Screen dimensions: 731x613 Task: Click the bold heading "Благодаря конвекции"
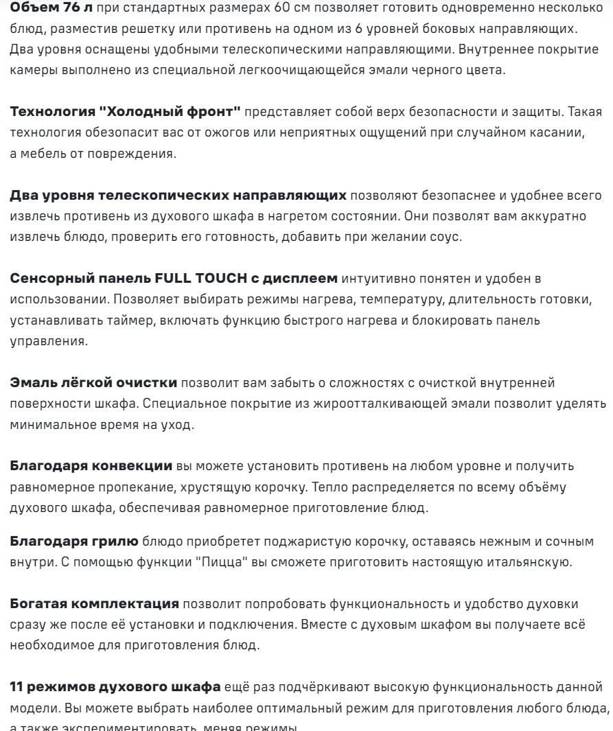91,467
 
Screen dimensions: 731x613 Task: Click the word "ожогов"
200,132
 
